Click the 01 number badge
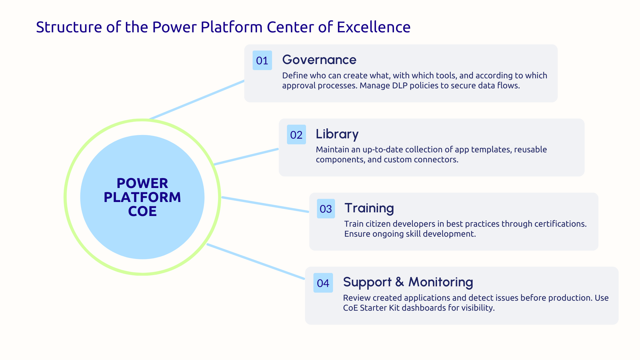(262, 60)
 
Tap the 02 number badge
(296, 135)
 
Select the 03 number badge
(326, 209)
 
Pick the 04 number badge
(323, 283)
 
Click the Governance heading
(319, 60)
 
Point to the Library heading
(337, 134)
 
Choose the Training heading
(369, 208)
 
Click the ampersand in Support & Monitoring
(399, 282)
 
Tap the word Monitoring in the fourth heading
(440, 282)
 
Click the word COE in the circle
(142, 211)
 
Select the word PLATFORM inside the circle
(142, 197)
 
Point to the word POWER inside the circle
(142, 183)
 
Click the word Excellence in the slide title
(373, 27)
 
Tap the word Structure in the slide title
(69, 27)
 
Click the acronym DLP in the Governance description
(400, 86)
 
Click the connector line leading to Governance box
(197, 100)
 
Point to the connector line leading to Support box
(256, 262)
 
